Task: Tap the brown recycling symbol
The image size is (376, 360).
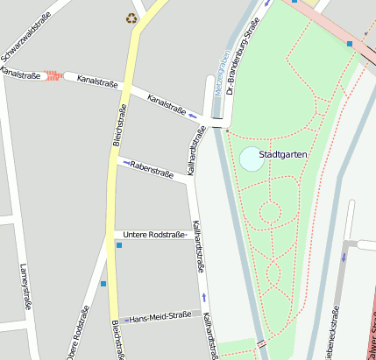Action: pos(131,18)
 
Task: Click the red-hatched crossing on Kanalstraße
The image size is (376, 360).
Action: pos(53,76)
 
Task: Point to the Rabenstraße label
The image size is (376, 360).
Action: pos(153,166)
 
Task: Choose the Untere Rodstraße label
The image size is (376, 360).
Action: pos(154,235)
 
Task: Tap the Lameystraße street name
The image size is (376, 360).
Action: pos(24,284)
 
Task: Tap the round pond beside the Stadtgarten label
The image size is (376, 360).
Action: pos(252,159)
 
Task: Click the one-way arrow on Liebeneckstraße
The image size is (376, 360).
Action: pos(344,258)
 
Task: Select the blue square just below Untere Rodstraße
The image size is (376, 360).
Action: pos(119,245)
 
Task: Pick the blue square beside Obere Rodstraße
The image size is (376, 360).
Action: pos(103,284)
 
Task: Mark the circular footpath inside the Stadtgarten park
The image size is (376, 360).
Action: pos(269,211)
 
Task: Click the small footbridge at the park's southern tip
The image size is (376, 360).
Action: pos(260,343)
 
